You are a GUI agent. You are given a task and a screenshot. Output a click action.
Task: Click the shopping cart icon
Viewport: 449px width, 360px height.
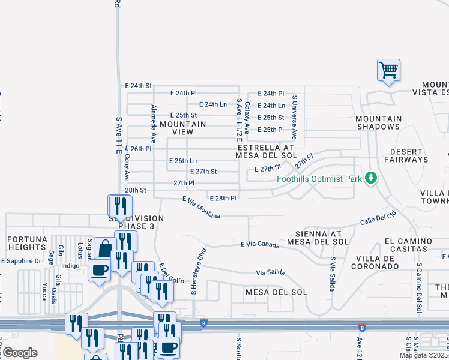[x=388, y=70]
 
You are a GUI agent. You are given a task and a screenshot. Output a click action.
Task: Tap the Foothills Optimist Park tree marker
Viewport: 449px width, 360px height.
[x=372, y=178]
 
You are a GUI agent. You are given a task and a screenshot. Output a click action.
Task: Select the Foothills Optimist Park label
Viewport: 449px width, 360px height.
[x=319, y=179]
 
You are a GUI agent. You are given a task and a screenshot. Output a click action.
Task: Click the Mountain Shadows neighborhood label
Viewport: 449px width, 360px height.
[x=379, y=122]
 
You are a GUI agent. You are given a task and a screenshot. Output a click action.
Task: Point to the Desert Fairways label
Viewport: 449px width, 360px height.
[x=409, y=155]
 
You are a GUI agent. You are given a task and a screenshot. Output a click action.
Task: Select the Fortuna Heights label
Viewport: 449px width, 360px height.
[x=27, y=243]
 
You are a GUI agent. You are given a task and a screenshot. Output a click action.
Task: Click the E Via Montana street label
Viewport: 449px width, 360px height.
[x=202, y=206]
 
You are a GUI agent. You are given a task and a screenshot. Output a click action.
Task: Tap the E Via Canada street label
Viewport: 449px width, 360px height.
[x=261, y=244]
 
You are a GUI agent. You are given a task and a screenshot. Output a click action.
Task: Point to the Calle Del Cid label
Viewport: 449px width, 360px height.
[x=379, y=217]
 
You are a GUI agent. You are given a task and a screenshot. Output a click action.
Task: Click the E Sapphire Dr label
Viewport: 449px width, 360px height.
[x=21, y=261]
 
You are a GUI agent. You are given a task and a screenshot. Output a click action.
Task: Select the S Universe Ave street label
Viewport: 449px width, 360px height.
[x=294, y=113]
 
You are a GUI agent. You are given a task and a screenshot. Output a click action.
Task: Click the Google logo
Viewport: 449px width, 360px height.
[x=19, y=353]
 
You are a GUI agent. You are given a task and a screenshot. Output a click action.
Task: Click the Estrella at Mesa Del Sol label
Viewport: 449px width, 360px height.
[x=267, y=151]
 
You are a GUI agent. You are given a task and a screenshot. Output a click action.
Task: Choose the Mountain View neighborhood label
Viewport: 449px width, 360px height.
[x=183, y=128]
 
